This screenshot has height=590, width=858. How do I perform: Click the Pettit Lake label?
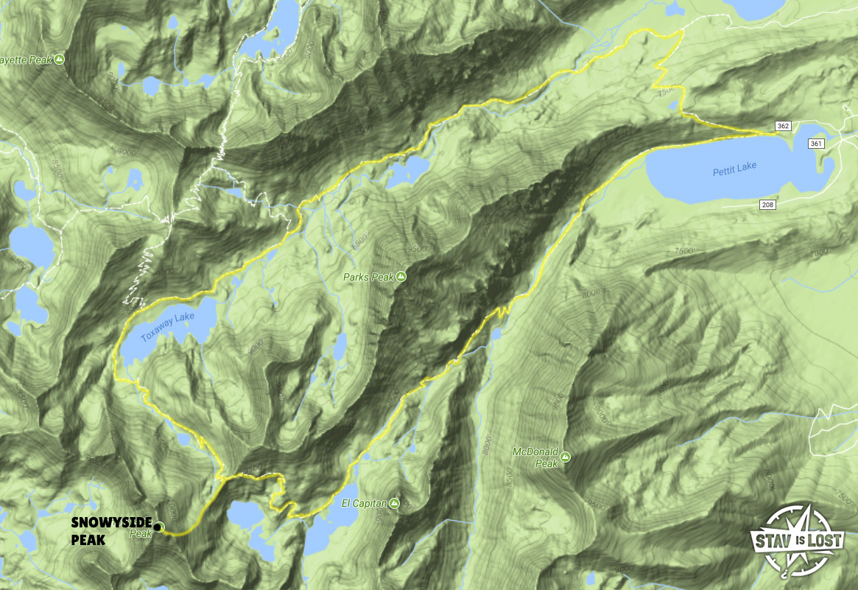(x=734, y=166)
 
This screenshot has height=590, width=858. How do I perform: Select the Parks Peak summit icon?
(x=401, y=277)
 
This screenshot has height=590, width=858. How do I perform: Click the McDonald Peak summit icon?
(x=565, y=457)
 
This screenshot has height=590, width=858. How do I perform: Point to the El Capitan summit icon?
(x=395, y=503)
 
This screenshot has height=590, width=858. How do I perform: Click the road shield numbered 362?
(x=783, y=127)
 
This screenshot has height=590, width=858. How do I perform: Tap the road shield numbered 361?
(x=816, y=144)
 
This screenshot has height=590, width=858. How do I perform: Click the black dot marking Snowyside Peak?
(x=158, y=527)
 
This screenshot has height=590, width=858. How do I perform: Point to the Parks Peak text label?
(x=368, y=277)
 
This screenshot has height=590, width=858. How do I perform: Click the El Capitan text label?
(x=364, y=503)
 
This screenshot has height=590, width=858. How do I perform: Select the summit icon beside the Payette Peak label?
(x=59, y=59)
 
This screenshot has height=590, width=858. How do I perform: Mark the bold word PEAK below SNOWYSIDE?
(x=88, y=540)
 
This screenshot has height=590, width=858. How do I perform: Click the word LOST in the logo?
(x=828, y=541)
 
